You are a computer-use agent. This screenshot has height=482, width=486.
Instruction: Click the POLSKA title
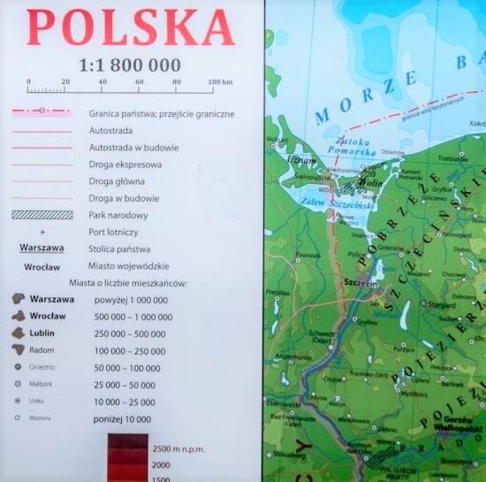pyautogui.click(x=130, y=28)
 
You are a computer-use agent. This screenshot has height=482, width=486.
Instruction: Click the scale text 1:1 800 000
pyautogui.click(x=130, y=65)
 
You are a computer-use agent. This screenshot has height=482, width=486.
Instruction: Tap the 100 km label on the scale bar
pyautogui.click(x=220, y=81)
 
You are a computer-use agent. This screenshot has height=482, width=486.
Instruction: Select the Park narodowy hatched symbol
pyautogui.click(x=42, y=215)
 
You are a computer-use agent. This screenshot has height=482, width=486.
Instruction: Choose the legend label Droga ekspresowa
pyautogui.click(x=124, y=164)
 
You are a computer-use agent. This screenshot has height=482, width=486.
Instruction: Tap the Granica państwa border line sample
pyautogui.click(x=42, y=113)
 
